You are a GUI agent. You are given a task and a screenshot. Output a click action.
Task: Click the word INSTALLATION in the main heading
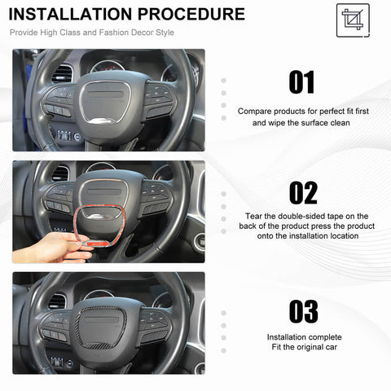[72, 14]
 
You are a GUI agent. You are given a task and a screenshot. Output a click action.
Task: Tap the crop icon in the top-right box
[351, 18]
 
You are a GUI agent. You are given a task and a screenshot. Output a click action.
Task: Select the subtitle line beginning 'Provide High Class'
[91, 33]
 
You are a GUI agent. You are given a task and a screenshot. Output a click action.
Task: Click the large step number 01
[302, 82]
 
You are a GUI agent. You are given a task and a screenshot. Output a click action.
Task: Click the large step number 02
[302, 193]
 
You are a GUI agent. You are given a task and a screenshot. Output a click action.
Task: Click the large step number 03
[302, 311]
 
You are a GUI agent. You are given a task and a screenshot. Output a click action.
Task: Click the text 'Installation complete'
[303, 336]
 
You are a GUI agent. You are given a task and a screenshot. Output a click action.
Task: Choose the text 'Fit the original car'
[303, 348]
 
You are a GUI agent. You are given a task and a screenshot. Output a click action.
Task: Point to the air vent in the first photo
[62, 74]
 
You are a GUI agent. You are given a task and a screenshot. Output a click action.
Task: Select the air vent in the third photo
[57, 301]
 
